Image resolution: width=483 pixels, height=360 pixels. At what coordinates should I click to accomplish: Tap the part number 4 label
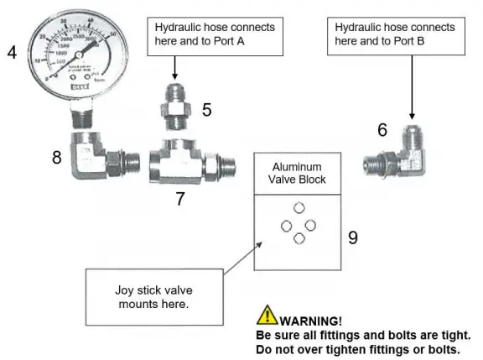pyautogui.click(x=12, y=53)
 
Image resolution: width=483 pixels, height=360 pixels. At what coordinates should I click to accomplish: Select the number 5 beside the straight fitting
pyautogui.click(x=206, y=108)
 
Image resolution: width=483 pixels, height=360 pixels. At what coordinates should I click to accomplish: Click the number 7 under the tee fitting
pyautogui.click(x=179, y=198)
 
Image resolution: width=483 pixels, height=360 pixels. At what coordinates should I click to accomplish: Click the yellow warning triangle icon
pyautogui.click(x=267, y=317)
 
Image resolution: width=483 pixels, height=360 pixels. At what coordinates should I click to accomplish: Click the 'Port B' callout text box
pyautogui.click(x=392, y=33)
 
